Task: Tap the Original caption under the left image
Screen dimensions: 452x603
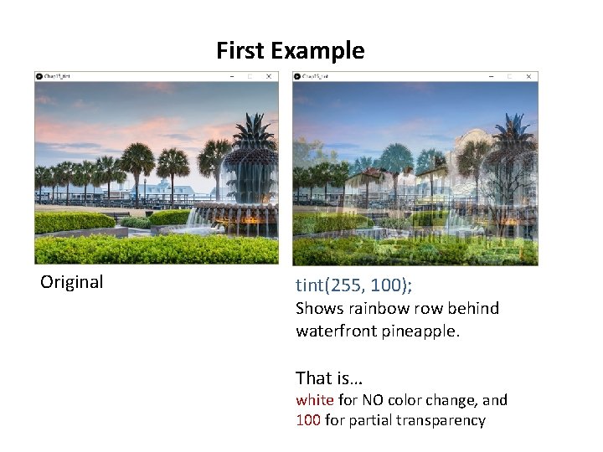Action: point(72,282)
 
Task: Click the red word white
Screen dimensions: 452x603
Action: point(315,400)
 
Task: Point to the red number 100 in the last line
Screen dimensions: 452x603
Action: point(307,420)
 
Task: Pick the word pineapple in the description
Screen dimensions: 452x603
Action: point(420,331)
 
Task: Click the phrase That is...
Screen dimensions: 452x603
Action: point(323,378)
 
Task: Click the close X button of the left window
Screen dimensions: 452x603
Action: point(269,76)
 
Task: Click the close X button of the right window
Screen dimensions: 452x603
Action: point(528,76)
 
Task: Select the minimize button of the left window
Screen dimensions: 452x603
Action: point(230,76)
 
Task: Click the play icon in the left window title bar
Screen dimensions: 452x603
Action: point(39,76)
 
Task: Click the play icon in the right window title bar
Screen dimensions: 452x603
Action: point(297,76)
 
